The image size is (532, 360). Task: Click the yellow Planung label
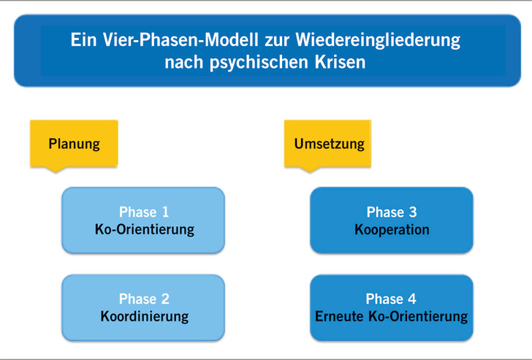point(74,144)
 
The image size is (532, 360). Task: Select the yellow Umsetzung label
point(329,144)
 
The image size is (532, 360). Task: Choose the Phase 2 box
point(143,307)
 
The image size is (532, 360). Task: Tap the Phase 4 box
point(392,307)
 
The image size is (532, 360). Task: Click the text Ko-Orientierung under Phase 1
point(144,229)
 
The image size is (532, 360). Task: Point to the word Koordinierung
point(144,316)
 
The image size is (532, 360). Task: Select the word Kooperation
point(392,229)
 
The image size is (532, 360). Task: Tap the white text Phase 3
point(392,212)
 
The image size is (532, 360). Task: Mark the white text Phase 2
point(144,299)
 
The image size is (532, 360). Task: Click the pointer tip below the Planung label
point(55,171)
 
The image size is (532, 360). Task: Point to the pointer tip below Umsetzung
point(310,171)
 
